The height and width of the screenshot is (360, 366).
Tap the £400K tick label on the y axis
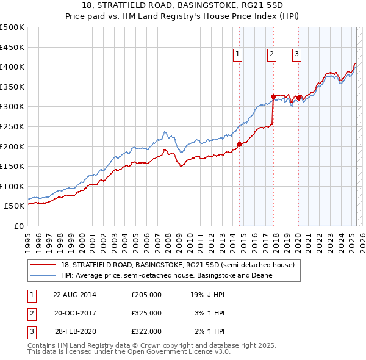12,67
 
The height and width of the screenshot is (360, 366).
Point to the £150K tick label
12,166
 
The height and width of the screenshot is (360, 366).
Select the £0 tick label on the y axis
20,226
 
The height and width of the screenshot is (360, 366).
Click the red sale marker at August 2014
239,145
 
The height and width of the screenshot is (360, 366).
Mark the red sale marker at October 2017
273,96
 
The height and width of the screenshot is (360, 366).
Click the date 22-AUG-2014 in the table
74,295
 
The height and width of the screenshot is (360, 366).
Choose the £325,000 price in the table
146,313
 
